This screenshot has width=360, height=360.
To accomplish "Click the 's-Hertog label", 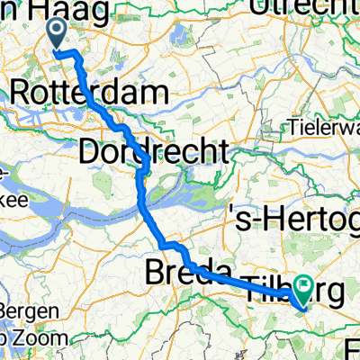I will [292, 220].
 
